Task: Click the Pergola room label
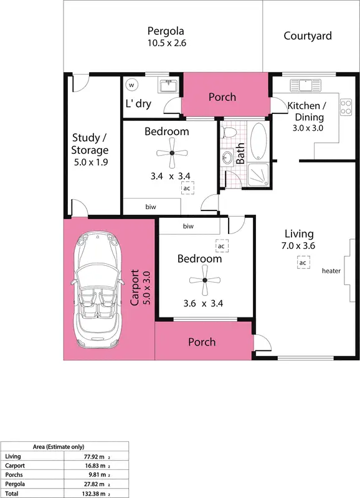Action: coord(166,31)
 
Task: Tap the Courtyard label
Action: coord(308,36)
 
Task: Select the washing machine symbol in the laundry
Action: coord(131,85)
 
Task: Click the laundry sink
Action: coord(166,86)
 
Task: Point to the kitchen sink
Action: coord(305,83)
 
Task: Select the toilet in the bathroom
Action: coord(229,132)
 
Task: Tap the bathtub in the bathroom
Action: coord(258,141)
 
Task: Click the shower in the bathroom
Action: coord(259,174)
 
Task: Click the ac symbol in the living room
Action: coord(302,263)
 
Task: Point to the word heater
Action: coord(331,271)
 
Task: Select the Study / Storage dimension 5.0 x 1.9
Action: coord(90,163)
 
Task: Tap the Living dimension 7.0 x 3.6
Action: coord(299,245)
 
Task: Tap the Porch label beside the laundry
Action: coord(222,97)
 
